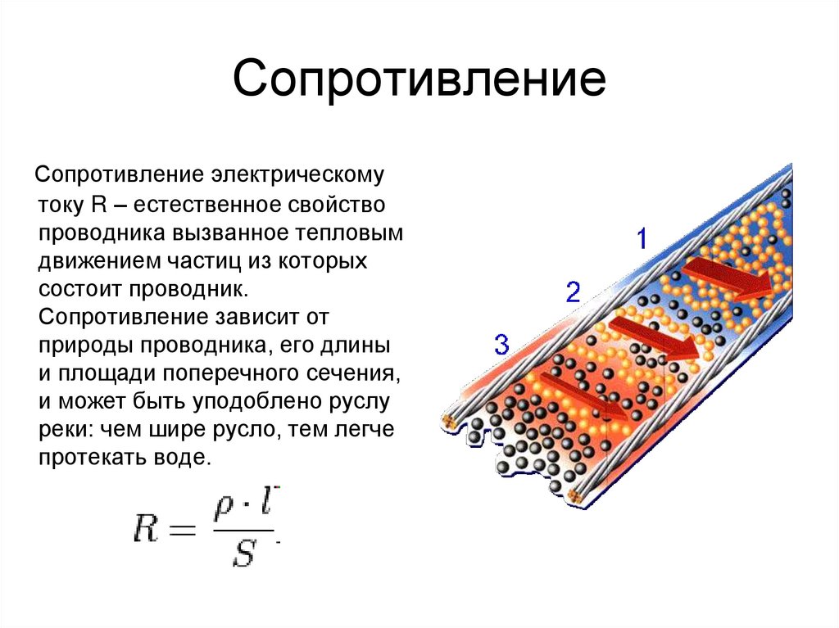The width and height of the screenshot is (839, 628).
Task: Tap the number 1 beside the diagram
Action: [x=642, y=239]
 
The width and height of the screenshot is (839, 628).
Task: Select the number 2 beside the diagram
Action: [x=573, y=291]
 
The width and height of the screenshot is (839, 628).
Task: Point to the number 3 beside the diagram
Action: [x=501, y=345]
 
